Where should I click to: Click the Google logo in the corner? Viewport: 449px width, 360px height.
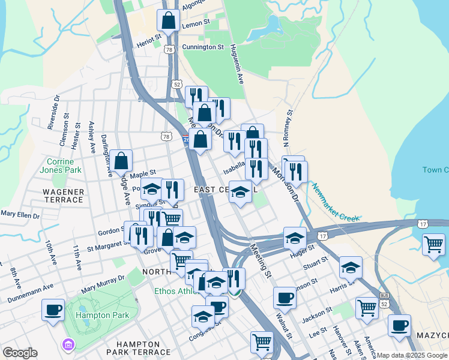click(20, 353)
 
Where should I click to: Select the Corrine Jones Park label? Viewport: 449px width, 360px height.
click(60, 166)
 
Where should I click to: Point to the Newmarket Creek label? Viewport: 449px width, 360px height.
click(335, 204)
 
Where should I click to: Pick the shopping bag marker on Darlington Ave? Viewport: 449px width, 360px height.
click(121, 161)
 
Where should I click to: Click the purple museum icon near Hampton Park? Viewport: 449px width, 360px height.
click(67, 344)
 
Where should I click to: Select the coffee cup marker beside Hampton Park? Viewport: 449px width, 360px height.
click(53, 310)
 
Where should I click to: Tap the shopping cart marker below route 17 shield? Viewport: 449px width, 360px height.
click(433, 245)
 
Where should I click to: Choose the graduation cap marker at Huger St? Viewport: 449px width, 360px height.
click(295, 239)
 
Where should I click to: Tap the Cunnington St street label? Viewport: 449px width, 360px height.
click(203, 46)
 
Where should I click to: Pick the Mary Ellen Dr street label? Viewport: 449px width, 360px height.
click(19, 214)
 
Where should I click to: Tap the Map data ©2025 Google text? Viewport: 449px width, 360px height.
click(412, 355)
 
